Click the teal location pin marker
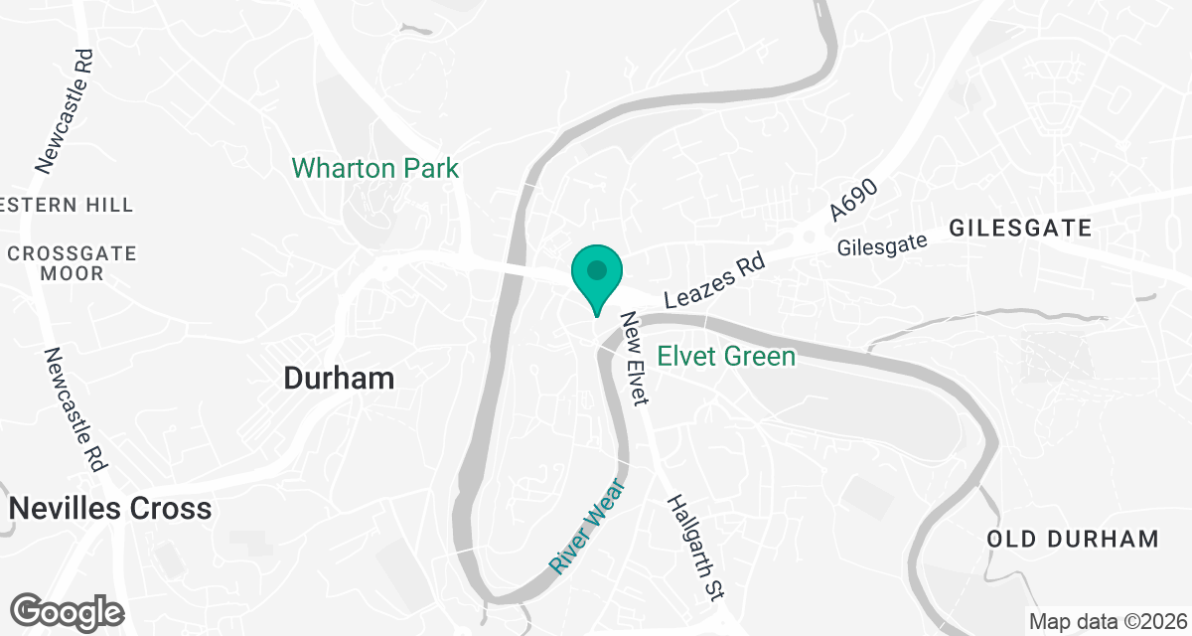pyautogui.click(x=596, y=279)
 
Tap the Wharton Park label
pyautogui.click(x=375, y=168)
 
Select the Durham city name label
pyautogui.click(x=339, y=378)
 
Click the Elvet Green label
pyautogui.click(x=726, y=356)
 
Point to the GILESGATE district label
pyautogui.click(x=1020, y=229)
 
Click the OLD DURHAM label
pyautogui.click(x=1073, y=540)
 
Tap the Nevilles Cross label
pyautogui.click(x=110, y=509)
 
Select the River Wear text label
pyautogui.click(x=587, y=526)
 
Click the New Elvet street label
pyautogui.click(x=635, y=358)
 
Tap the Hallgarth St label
pyautogui.click(x=692, y=548)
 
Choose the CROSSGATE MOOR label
pyautogui.click(x=72, y=263)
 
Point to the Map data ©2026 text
pyautogui.click(x=1107, y=622)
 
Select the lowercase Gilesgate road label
pyautogui.click(x=882, y=244)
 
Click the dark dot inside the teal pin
pyautogui.click(x=596, y=269)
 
